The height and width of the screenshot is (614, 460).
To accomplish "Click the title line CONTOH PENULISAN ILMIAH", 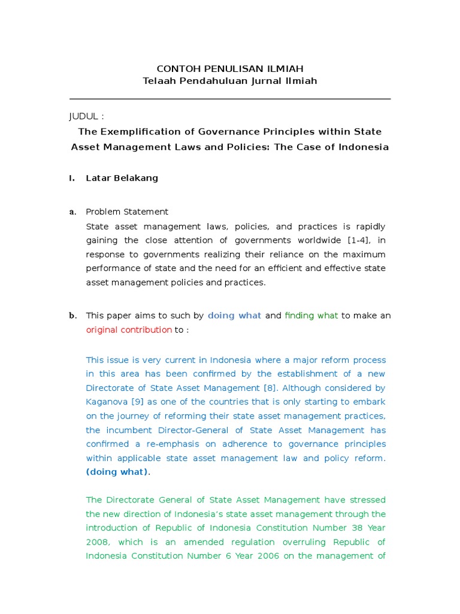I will pyautogui.click(x=230, y=69).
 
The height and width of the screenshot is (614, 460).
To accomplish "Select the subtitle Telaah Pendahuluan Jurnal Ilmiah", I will pyautogui.click(x=230, y=81).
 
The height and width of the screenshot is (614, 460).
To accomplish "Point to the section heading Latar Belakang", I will pyautogui.click(x=122, y=178).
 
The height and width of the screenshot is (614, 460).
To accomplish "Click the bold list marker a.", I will pyautogui.click(x=72, y=212).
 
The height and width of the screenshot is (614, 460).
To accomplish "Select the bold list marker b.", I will pyautogui.click(x=72, y=315).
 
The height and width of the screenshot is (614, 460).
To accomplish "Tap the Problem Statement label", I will pyautogui.click(x=127, y=212).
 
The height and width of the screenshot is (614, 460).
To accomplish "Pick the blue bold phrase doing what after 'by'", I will pyautogui.click(x=234, y=315).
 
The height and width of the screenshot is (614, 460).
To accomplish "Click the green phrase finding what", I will pyautogui.click(x=311, y=315).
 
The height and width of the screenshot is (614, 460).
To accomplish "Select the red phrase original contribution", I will pyautogui.click(x=129, y=330).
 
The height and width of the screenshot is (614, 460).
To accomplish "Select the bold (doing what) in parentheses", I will pyautogui.click(x=116, y=472).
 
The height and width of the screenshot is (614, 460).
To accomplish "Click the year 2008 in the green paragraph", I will pyautogui.click(x=98, y=542).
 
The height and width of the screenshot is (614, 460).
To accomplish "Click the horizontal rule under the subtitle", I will pyautogui.click(x=230, y=99).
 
